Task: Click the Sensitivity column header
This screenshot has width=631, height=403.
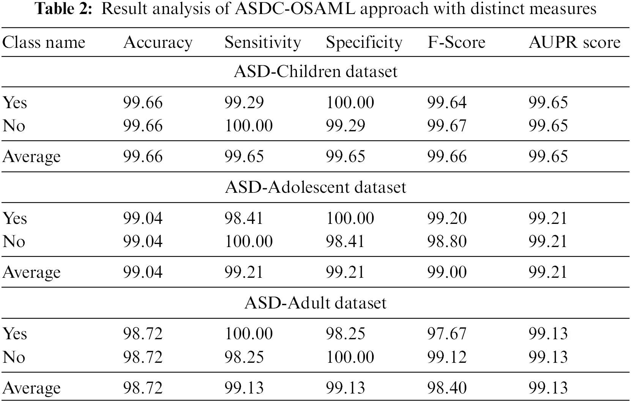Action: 262,43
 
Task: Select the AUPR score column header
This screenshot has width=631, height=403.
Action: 574,43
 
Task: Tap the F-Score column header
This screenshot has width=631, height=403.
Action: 456,43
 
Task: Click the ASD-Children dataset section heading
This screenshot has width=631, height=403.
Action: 315,72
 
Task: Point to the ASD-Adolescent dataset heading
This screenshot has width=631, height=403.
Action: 315,187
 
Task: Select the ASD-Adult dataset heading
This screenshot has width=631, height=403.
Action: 315,303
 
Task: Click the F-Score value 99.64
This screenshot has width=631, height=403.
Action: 446,103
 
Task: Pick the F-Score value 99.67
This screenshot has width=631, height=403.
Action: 446,126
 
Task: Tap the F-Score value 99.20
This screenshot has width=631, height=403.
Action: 446,219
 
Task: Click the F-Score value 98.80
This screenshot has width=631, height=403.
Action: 446,242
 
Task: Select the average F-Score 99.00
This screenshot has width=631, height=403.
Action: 446,272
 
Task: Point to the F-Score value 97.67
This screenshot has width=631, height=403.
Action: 446,334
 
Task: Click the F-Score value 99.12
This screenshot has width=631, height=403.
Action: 446,357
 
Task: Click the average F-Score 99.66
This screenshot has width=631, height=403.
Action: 446,157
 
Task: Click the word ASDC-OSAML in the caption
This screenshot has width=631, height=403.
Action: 295,8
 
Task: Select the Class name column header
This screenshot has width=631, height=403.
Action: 44,43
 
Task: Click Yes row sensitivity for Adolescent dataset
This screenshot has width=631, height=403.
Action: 244,219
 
